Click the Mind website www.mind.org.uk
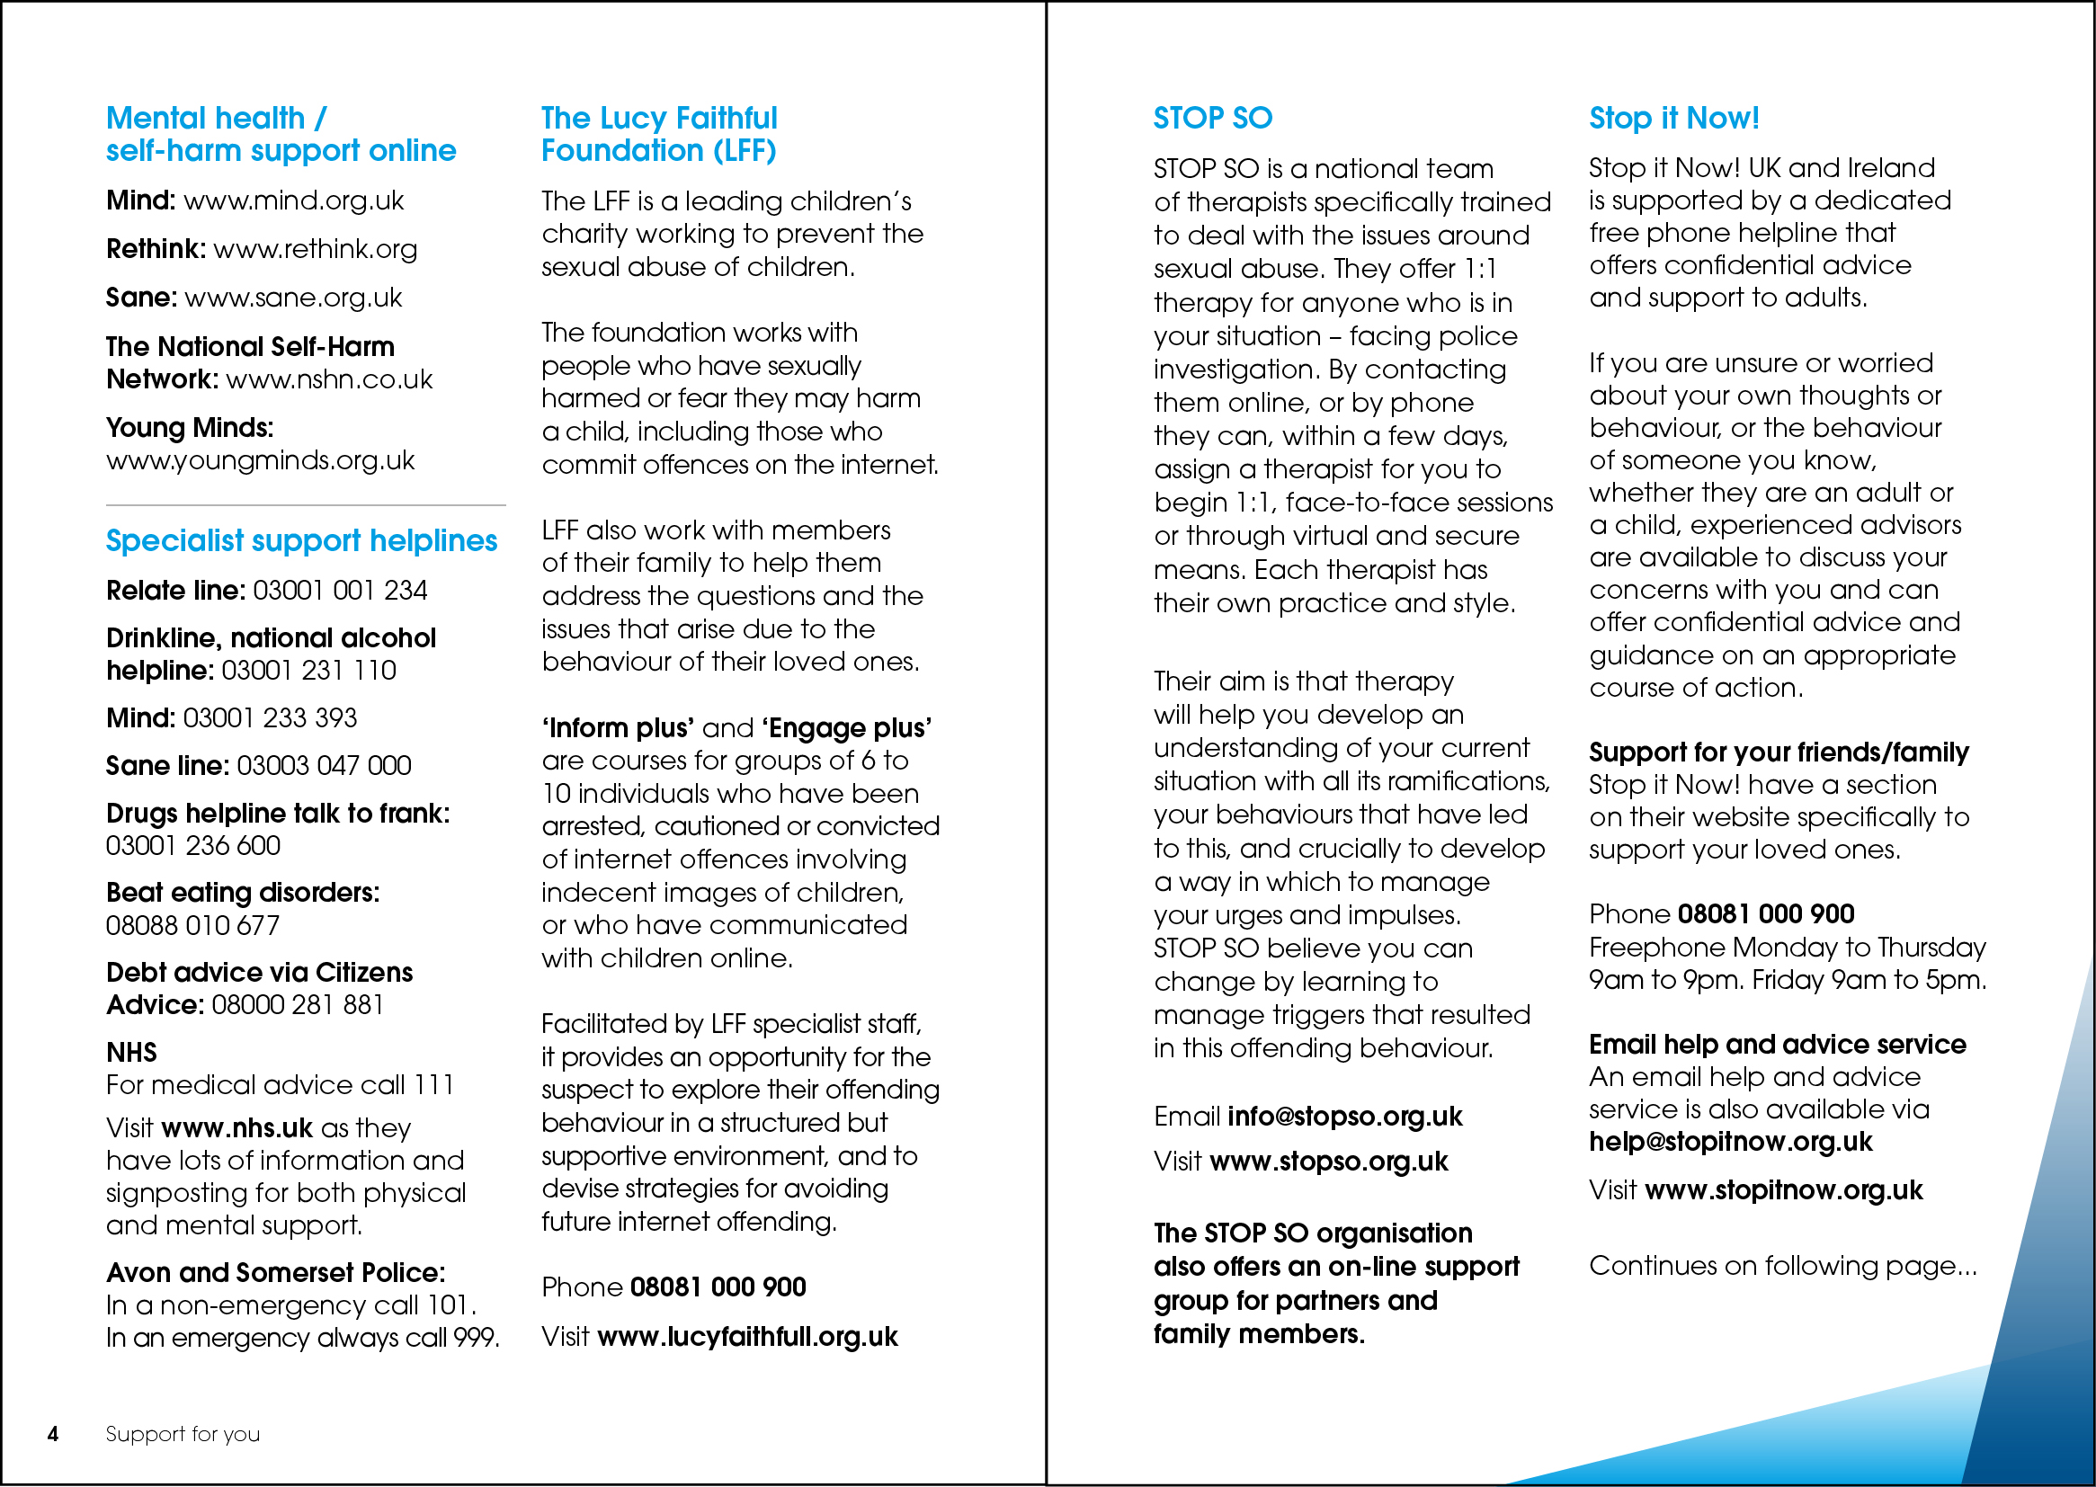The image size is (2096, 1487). pyautogui.click(x=293, y=200)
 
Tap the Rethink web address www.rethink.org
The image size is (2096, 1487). pyautogui.click(x=315, y=249)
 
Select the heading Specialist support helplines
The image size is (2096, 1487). pyautogui.click(x=301, y=541)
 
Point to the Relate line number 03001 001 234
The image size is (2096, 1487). pyautogui.click(x=340, y=591)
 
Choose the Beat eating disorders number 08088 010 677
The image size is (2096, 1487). pyautogui.click(x=192, y=926)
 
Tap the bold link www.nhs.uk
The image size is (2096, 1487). pyautogui.click(x=250, y=1128)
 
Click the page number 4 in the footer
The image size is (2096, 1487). pyautogui.click(x=53, y=1434)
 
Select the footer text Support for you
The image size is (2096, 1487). pyautogui.click(x=183, y=1434)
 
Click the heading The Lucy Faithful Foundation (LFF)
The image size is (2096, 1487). pyautogui.click(x=658, y=134)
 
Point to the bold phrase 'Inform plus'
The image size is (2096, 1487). pyautogui.click(x=618, y=728)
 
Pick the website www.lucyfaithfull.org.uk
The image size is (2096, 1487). pyautogui.click(x=747, y=1337)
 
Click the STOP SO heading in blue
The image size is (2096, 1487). pyautogui.click(x=1212, y=118)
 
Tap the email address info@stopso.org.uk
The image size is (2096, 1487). pyautogui.click(x=1344, y=1117)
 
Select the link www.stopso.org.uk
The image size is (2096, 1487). pyautogui.click(x=1329, y=1162)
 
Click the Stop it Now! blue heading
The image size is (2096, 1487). pyautogui.click(x=1673, y=118)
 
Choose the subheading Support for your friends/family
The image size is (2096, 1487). pyautogui.click(x=1779, y=752)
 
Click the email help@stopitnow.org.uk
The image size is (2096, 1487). pyautogui.click(x=1731, y=1142)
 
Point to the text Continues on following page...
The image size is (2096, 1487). pyautogui.click(x=1782, y=1266)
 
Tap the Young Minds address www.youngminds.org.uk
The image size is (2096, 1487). pyautogui.click(x=260, y=460)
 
